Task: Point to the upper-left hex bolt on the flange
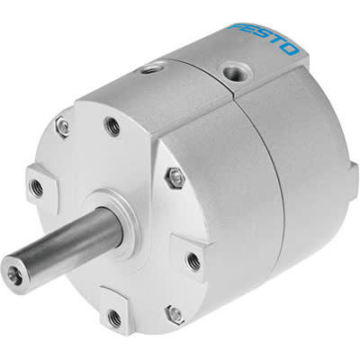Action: pos(62,128)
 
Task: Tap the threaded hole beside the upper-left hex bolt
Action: pos(112,126)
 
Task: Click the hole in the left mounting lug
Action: pos(36,187)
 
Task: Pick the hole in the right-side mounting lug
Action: pos(193,261)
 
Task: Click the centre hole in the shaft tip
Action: pos(14,267)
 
